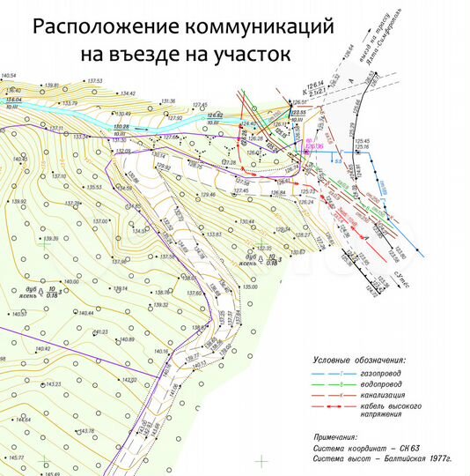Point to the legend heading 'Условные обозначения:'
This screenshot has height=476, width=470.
(359, 361)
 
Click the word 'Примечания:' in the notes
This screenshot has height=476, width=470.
(335, 436)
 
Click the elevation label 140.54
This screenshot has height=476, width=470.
(11, 78)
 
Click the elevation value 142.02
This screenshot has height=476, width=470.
(129, 380)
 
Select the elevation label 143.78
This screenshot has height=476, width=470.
(85, 431)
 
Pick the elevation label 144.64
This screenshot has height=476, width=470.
(22, 420)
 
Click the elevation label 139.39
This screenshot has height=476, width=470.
(49, 239)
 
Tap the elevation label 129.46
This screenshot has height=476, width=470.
(208, 194)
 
